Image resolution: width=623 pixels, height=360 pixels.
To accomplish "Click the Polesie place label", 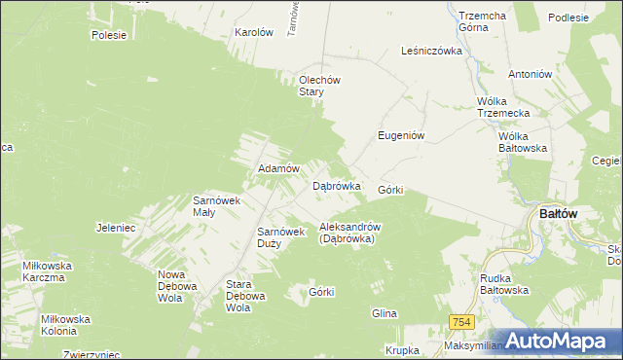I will pyautogui.click(x=109, y=35).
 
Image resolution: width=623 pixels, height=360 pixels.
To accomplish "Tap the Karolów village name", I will pyautogui.click(x=253, y=32).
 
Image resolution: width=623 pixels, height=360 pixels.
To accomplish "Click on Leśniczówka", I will pyautogui.click(x=430, y=51).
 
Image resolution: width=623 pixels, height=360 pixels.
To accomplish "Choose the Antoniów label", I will pyautogui.click(x=530, y=74).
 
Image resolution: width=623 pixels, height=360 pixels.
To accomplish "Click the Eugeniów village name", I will pyautogui.click(x=401, y=136).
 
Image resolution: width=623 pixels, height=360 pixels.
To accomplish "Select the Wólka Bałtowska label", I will pyautogui.click(x=523, y=142).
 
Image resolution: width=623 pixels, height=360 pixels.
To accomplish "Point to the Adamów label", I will pyautogui.click(x=276, y=168).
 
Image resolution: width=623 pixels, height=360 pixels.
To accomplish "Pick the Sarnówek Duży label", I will pyautogui.click(x=281, y=237).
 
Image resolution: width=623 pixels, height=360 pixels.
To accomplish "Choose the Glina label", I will pyautogui.click(x=385, y=313).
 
